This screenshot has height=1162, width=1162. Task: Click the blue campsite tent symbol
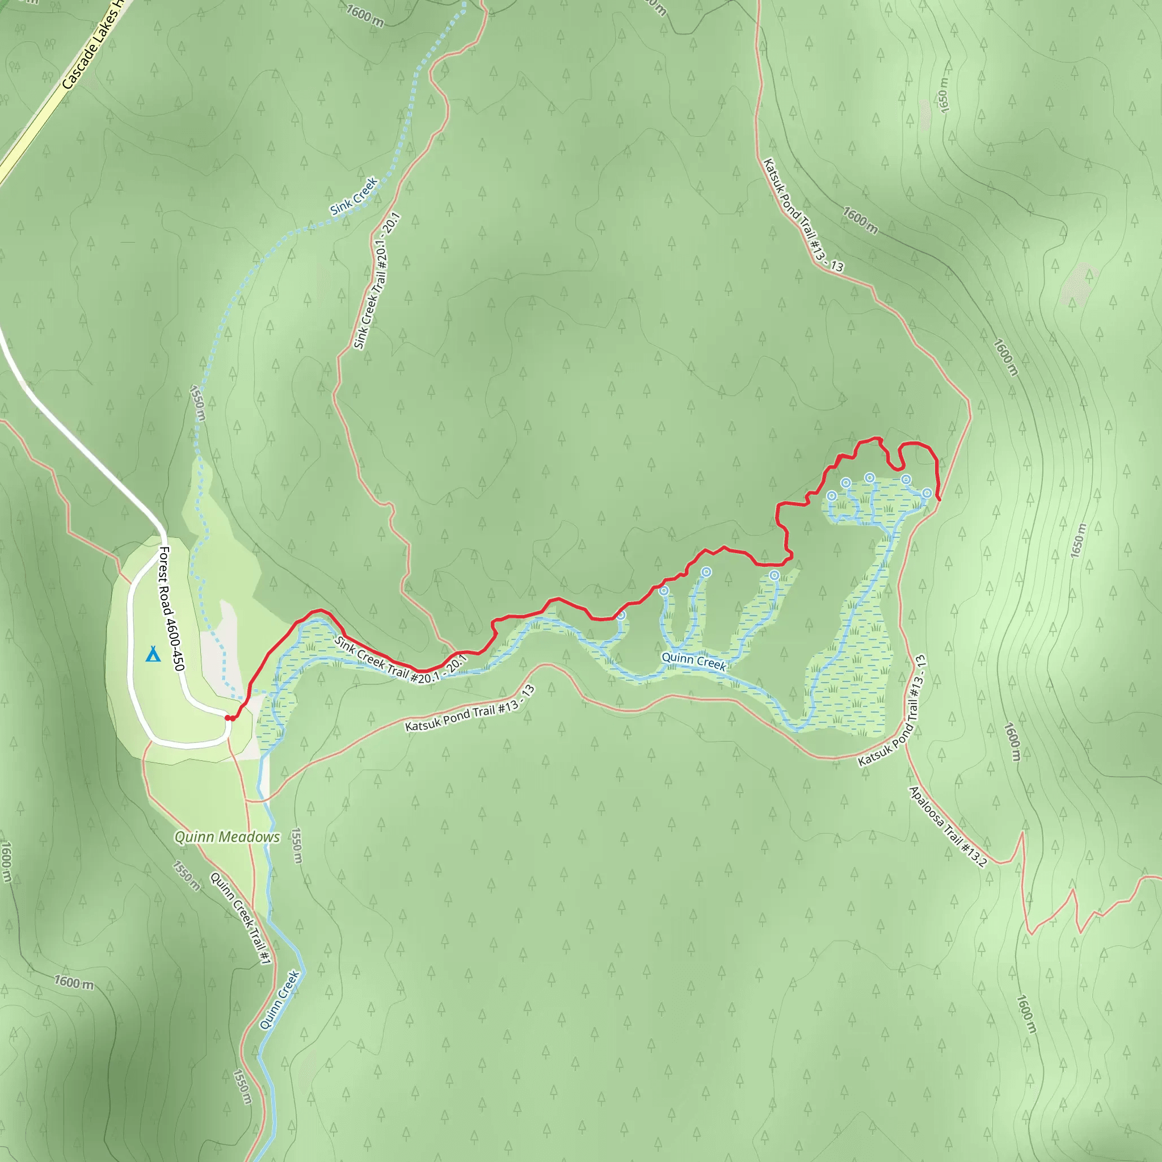coord(153,654)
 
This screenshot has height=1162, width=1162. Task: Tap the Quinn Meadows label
coord(227,837)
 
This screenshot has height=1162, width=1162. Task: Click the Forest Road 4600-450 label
coord(171,608)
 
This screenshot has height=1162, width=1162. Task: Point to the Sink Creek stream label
coord(353,196)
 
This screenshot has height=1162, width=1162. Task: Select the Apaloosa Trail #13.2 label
coord(948,827)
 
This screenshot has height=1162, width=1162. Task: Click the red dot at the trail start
coord(229,718)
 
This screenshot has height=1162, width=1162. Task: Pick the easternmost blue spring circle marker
coord(927,493)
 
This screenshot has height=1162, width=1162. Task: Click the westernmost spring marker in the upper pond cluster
coord(831,495)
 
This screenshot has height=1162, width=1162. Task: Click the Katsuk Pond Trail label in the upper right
coord(802,214)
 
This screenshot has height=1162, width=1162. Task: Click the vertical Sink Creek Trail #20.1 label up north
coord(377,281)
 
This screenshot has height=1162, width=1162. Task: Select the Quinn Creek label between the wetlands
coord(693,660)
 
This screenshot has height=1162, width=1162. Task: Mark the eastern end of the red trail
coord(939,499)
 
